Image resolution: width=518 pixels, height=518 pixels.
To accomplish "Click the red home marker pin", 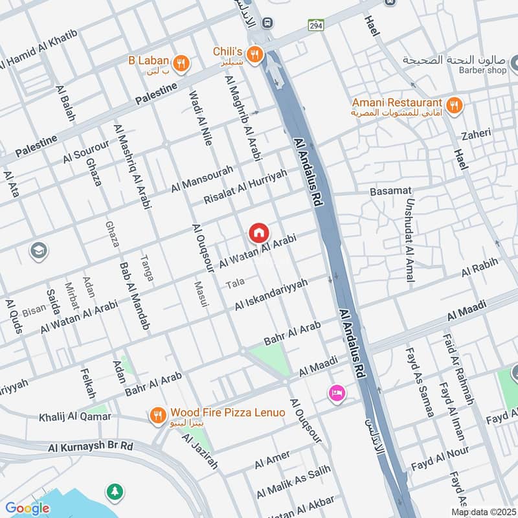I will [258, 232].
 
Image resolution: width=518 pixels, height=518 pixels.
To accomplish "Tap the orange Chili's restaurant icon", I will [256, 54].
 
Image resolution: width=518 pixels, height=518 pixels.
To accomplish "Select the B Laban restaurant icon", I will [183, 62].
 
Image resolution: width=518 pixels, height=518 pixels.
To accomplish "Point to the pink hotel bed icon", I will [336, 392].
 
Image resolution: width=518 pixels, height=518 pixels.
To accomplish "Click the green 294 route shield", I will [315, 23].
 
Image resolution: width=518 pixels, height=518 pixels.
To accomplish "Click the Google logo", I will [27, 508].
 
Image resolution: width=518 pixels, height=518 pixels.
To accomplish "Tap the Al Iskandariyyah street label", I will [271, 295].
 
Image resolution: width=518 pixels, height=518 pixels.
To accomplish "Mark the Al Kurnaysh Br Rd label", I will [91, 447].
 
